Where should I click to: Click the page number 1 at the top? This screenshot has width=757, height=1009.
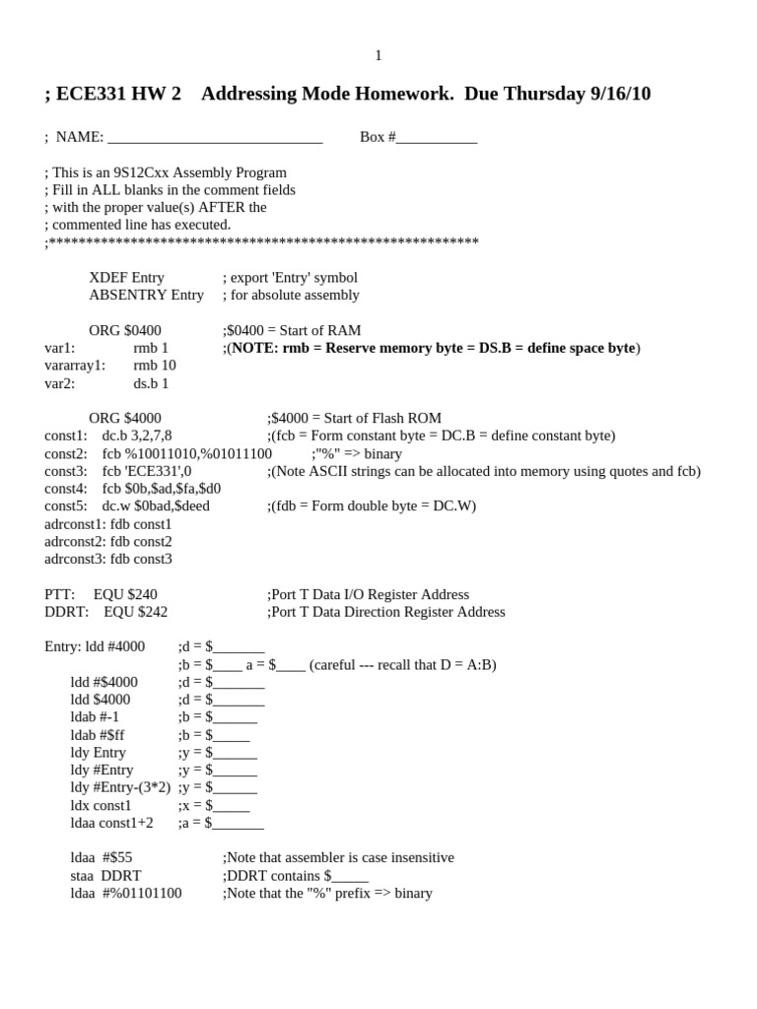[378, 56]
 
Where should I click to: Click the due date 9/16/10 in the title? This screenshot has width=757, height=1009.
[620, 94]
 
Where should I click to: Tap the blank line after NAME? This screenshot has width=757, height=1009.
[215, 138]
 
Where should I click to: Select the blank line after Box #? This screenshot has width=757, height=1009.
[436, 138]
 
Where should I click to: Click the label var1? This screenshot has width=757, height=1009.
[60, 348]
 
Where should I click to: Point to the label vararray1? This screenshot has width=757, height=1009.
[75, 366]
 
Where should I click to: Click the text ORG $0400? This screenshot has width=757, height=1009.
[125, 330]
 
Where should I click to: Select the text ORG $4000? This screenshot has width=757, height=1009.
[125, 418]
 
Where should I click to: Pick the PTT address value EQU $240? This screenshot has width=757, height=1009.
[125, 594]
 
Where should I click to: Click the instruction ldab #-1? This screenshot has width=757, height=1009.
[95, 717]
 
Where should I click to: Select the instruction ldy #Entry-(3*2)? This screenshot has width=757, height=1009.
[120, 787]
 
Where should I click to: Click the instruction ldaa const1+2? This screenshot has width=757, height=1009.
[111, 823]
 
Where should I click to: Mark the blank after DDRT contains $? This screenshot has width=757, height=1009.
[350, 876]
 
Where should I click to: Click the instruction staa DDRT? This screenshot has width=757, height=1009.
[105, 876]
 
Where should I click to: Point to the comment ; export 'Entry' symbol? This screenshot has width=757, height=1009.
[290, 278]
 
